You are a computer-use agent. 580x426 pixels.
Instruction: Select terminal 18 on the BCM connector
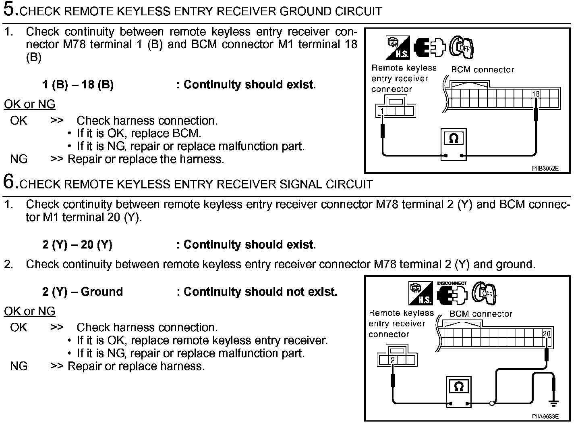pos(536,94)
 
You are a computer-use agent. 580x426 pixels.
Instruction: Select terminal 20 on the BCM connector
pos(546,334)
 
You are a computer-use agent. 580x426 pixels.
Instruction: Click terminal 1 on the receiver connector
pos(382,111)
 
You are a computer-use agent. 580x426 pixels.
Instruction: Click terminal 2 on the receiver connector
pos(392,360)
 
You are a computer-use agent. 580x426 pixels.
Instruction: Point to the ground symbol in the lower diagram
pos(554,403)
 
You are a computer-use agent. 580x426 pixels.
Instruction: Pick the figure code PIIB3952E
pos(545,169)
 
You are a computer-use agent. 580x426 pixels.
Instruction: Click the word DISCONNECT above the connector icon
pos(452,283)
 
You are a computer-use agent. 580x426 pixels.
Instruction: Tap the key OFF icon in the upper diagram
pos(462,48)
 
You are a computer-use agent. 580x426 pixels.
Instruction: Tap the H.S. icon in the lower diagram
pos(421,293)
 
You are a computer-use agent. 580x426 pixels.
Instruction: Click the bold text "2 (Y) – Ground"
pos(83,292)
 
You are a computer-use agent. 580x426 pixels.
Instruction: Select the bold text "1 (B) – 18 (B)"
pos(78,85)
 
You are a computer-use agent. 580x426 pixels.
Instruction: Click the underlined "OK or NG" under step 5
pos(29,104)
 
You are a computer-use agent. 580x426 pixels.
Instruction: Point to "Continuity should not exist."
pos(260,292)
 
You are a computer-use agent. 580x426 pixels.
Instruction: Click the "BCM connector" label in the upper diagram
pos(483,69)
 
